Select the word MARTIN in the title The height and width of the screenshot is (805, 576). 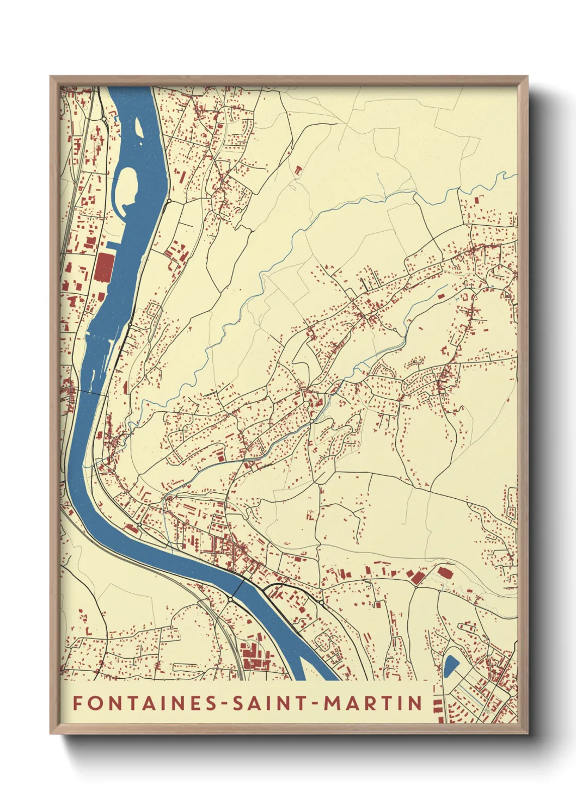(373, 703)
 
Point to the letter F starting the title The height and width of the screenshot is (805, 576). (78, 703)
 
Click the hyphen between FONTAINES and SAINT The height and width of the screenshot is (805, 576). (225, 704)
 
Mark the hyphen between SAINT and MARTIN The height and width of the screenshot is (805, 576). (316, 704)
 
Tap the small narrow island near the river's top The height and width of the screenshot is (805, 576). (138, 128)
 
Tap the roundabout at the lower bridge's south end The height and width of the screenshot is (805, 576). (230, 599)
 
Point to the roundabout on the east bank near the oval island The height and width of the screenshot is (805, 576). (169, 201)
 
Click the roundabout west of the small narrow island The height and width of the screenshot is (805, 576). (103, 118)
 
